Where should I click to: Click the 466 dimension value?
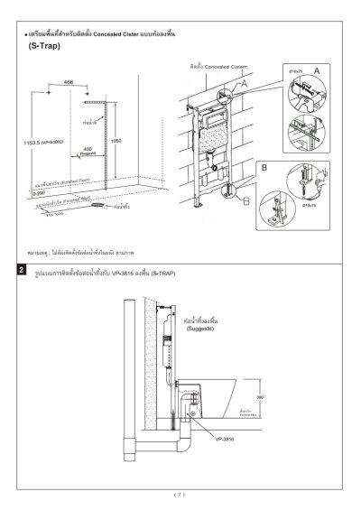(69, 82)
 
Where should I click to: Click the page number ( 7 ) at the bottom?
(180, 494)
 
